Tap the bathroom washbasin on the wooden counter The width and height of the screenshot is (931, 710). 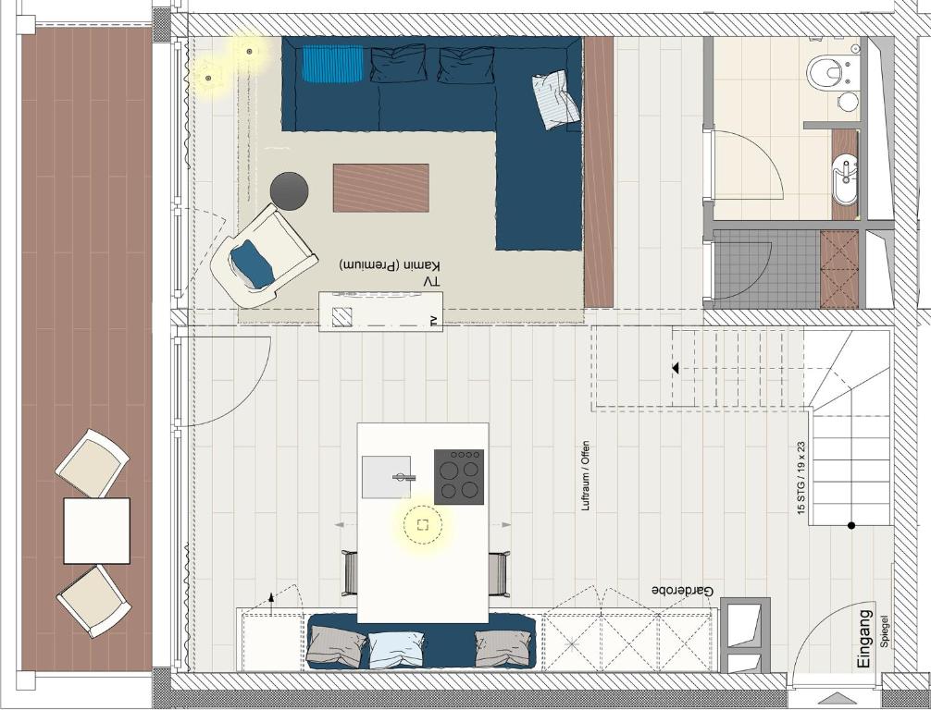pyautogui.click(x=844, y=175)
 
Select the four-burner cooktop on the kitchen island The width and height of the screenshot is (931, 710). pyautogui.click(x=459, y=477)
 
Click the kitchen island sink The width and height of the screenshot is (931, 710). pyautogui.click(x=387, y=477)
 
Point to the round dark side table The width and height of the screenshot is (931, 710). pyautogui.click(x=289, y=191)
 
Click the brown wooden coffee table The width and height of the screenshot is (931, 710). pyautogui.click(x=381, y=188)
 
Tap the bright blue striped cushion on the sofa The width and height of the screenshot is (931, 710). pyautogui.click(x=332, y=64)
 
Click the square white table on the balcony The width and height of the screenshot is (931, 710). pyautogui.click(x=97, y=531)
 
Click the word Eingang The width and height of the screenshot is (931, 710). pyautogui.click(x=865, y=639)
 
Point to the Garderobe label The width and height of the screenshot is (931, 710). pyautogui.click(x=683, y=591)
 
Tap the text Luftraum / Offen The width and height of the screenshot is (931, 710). pyautogui.click(x=586, y=476)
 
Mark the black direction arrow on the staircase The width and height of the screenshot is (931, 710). pyautogui.click(x=675, y=368)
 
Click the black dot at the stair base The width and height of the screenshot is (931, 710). pyautogui.click(x=851, y=525)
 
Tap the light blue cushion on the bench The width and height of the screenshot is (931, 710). pyautogui.click(x=396, y=650)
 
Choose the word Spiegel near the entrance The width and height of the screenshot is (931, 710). pyautogui.click(x=885, y=630)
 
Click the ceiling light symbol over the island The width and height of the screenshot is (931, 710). pyautogui.click(x=423, y=524)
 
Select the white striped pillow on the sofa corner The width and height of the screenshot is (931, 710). pyautogui.click(x=556, y=99)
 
